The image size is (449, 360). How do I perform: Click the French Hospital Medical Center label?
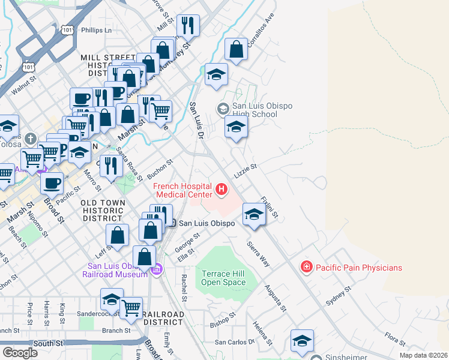(x=184, y=190)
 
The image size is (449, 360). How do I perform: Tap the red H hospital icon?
(x=221, y=190)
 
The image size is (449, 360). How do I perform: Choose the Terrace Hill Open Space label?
(x=223, y=278)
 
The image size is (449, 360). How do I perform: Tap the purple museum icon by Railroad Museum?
(x=158, y=269)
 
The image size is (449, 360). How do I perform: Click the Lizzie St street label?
(x=246, y=171)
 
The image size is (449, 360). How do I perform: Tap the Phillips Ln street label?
(x=97, y=29)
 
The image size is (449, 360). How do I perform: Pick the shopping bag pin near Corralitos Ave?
(x=237, y=49)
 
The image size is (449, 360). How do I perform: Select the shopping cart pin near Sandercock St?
(x=131, y=307)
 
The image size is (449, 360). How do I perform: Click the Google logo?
(x=20, y=352)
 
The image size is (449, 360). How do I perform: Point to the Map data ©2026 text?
(x=423, y=355)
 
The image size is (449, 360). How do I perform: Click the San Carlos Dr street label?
(x=235, y=342)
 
